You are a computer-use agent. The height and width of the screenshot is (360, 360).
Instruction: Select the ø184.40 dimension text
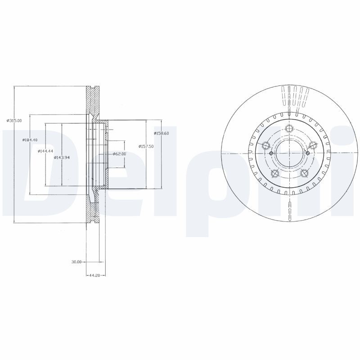click(x=29, y=140)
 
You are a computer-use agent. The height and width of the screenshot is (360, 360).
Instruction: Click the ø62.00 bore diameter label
click(x=119, y=154)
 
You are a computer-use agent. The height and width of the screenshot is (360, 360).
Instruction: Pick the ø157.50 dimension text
click(x=147, y=146)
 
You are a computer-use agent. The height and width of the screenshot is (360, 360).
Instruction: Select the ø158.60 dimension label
click(x=161, y=133)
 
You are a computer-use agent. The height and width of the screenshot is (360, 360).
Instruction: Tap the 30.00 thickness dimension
click(x=76, y=261)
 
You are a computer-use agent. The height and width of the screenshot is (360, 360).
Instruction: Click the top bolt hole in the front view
click(x=288, y=127)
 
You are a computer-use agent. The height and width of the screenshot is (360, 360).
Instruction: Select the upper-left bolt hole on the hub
click(x=265, y=145)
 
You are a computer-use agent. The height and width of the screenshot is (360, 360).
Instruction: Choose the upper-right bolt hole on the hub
click(x=312, y=144)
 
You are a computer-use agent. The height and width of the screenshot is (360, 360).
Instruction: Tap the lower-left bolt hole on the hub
click(x=274, y=174)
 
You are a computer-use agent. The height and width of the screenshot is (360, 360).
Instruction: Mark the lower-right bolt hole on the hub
click(x=303, y=174)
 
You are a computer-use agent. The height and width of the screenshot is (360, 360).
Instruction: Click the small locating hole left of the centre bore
click(x=271, y=153)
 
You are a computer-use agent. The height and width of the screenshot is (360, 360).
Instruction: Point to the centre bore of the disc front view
click(x=288, y=153)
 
